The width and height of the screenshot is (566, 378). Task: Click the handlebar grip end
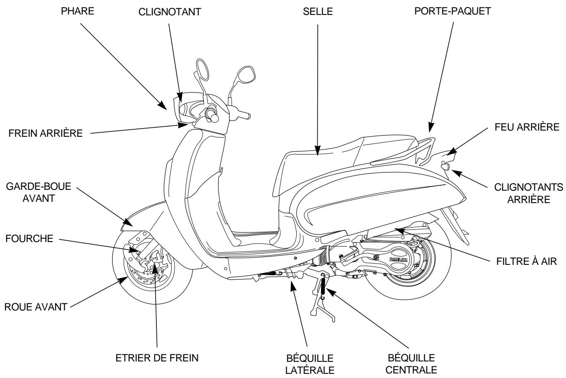[215, 118]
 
